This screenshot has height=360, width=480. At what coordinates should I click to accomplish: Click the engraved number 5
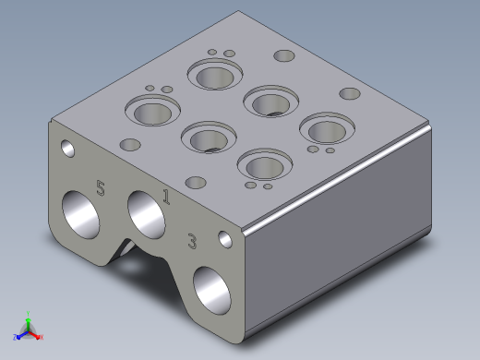[x=101, y=188]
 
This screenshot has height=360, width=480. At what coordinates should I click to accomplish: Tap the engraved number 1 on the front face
[x=166, y=197]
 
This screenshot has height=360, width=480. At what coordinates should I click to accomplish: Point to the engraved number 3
[x=192, y=241]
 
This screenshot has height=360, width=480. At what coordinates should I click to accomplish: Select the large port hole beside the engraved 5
[x=80, y=214]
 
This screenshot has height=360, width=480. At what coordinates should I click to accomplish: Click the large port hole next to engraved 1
[x=146, y=214]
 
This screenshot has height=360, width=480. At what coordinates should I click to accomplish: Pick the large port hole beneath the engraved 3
[x=211, y=291]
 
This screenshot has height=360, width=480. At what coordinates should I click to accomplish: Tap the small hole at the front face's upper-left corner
[x=67, y=149]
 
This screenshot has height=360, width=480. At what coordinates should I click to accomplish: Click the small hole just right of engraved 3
[x=225, y=239]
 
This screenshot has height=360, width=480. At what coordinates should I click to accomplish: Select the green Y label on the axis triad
[x=28, y=314]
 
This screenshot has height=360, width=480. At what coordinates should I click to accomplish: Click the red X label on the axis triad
[x=42, y=337]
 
